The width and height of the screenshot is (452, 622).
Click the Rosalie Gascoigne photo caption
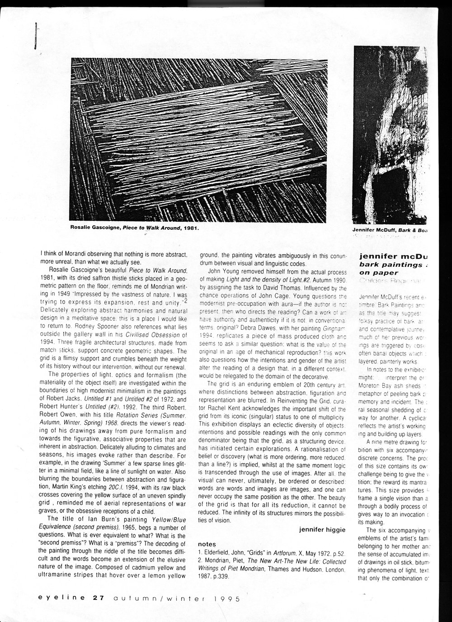(x=135, y=228)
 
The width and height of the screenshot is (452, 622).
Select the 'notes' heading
(x=207, y=544)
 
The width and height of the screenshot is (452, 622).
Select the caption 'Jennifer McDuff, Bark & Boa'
(x=390, y=230)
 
